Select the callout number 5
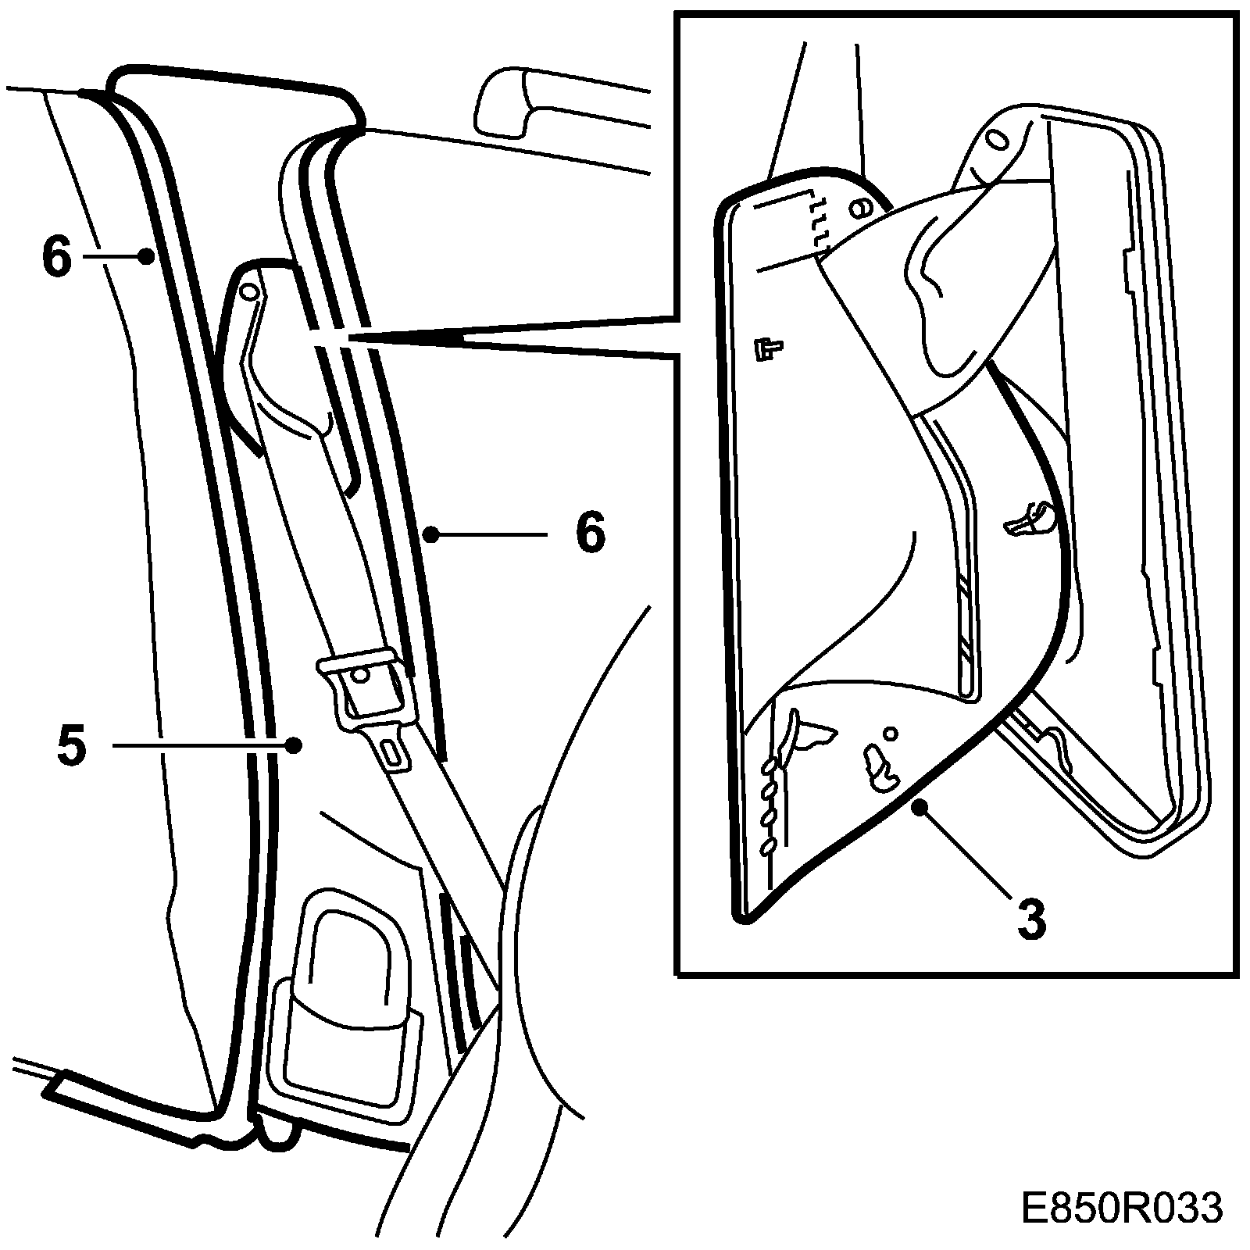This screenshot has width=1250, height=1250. pyautogui.click(x=71, y=746)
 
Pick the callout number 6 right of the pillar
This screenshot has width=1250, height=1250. pyautogui.click(x=590, y=533)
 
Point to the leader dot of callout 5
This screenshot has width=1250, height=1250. pyautogui.click(x=294, y=745)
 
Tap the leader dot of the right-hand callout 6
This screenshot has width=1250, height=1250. pyautogui.click(x=429, y=534)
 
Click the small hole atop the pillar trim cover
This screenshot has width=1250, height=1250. pyautogui.click(x=250, y=291)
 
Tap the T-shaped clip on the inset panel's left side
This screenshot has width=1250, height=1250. pyautogui.click(x=770, y=348)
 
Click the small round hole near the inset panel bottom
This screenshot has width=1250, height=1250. pyautogui.click(x=890, y=733)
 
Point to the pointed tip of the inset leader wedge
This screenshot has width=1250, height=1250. pyautogui.click(x=312, y=337)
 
